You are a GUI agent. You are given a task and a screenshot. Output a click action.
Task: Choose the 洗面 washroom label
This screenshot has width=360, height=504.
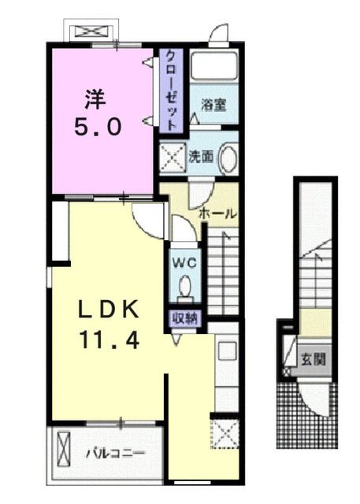point(200,156)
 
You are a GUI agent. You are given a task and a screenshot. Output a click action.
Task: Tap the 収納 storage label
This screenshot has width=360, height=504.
point(185,318)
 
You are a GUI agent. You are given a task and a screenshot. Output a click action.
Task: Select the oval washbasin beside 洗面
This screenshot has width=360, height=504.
point(228,157)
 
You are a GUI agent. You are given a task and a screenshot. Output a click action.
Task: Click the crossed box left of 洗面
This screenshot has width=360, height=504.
point(172,157)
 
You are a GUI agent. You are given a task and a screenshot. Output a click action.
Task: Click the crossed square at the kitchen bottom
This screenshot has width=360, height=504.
point(225,432)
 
